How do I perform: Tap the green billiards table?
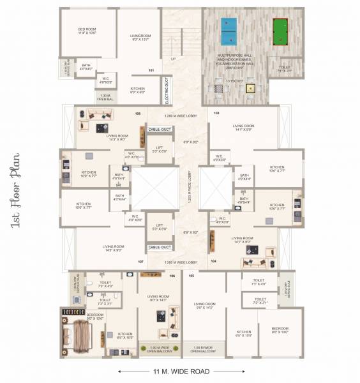(280, 31)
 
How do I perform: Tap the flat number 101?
(151, 70)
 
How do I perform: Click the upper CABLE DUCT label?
(160, 128)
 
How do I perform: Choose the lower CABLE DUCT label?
(160, 247)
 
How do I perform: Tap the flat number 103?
(216, 113)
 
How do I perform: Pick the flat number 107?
(140, 262)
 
